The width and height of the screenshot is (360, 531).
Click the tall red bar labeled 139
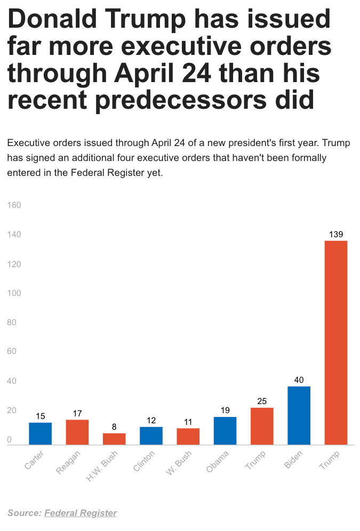[x=335, y=342]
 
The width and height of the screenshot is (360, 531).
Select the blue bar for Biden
[x=299, y=415]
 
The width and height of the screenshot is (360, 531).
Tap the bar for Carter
[x=40, y=433]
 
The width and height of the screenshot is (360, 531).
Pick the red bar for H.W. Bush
[x=114, y=439]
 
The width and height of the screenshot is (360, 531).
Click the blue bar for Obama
[x=225, y=431]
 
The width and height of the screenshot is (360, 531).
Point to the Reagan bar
[x=77, y=432]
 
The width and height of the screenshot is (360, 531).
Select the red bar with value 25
[x=262, y=426]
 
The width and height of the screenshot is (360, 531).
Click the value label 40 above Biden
[x=299, y=380]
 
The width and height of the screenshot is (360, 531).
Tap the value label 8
[x=114, y=427]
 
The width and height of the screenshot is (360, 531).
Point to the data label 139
[x=335, y=234]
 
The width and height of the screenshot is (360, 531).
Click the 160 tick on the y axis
[x=14, y=205]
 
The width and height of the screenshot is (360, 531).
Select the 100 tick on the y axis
[x=14, y=293]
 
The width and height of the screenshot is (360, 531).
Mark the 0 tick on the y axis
[x=10, y=440]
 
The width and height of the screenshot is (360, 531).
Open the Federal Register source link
[x=80, y=513]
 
